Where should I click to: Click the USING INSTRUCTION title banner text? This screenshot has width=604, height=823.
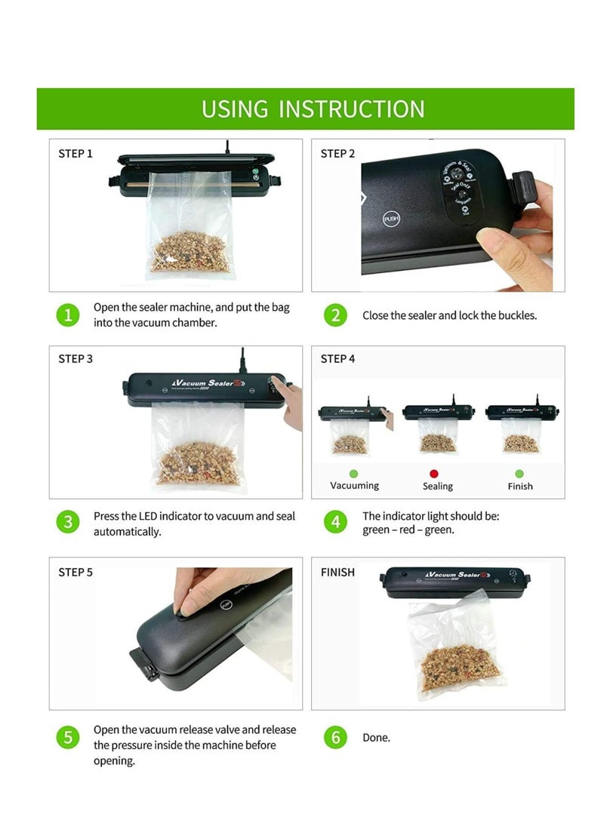313,109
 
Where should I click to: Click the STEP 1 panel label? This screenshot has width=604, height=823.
75,154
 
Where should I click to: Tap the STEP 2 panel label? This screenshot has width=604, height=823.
337,154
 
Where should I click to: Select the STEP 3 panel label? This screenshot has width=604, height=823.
75,359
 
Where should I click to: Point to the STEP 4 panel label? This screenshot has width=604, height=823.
337,359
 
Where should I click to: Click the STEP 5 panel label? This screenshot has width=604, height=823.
75,573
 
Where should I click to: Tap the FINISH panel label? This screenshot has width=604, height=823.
337,573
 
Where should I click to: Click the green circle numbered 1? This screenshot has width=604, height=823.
68,315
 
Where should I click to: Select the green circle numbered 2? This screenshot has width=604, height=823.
336,315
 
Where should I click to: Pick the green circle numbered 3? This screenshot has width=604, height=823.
68,522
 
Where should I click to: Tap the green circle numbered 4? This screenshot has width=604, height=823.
336,522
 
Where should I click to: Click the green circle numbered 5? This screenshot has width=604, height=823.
68,737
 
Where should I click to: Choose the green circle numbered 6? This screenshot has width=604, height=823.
336,737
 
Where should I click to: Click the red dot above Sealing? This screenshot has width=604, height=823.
434,473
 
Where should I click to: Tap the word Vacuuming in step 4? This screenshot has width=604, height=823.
354,486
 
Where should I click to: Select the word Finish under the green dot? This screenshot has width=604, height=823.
519,487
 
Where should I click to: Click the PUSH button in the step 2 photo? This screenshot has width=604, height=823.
391,219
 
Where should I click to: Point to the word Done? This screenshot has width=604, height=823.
376,738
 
